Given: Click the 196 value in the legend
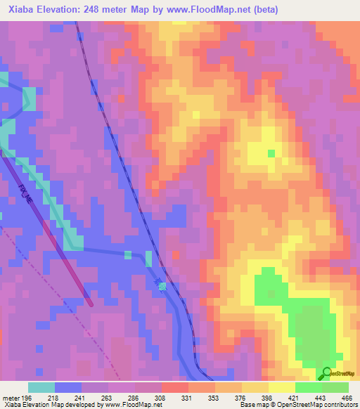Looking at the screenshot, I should (x=27, y=398).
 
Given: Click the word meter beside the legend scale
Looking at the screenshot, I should (x=10, y=398).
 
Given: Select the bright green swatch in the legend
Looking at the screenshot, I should (x=309, y=387).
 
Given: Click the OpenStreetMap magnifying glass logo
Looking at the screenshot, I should (x=326, y=374).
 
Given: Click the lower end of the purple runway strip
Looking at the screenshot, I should (x=91, y=302).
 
